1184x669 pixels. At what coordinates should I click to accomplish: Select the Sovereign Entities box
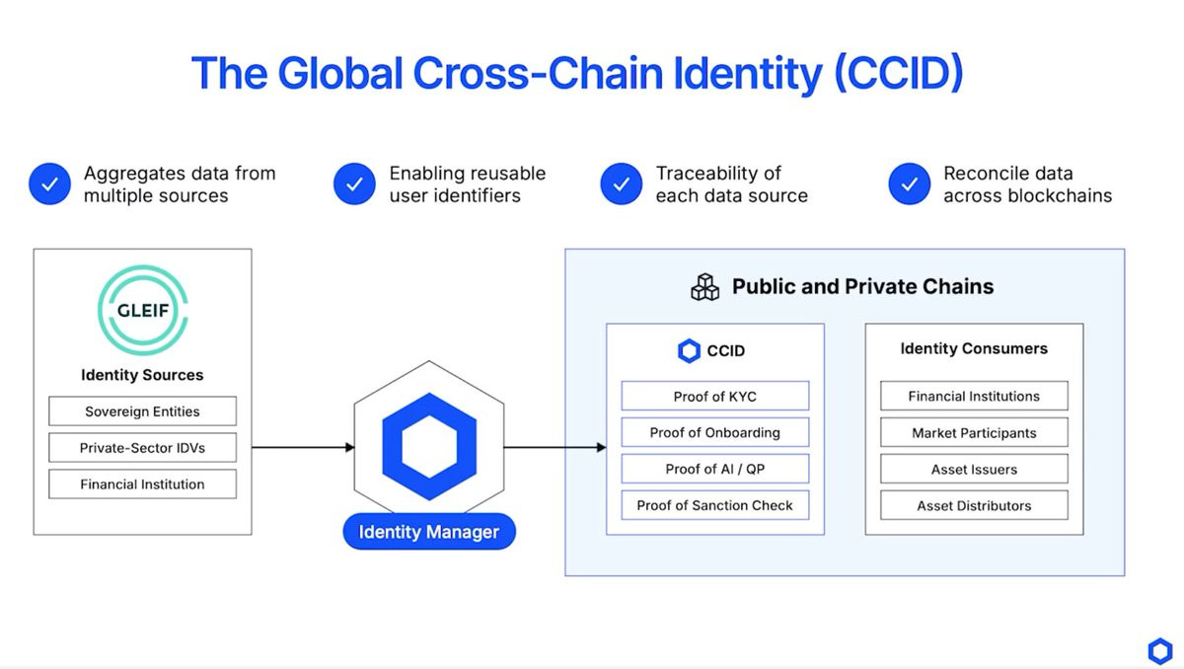[142, 411]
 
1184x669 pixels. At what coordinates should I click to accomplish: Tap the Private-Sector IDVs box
[142, 448]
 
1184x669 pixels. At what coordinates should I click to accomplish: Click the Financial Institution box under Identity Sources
[142, 484]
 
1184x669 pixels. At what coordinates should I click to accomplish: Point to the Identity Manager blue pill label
[429, 533]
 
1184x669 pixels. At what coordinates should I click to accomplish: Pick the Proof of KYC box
[714, 397]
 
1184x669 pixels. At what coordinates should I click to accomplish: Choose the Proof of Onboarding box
[714, 432]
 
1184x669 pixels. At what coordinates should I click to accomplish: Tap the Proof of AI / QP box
[714, 469]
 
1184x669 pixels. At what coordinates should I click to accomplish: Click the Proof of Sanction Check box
[714, 505]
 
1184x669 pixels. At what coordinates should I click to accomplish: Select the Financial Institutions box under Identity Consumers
[974, 397]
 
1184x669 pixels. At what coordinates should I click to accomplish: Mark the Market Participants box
[974, 432]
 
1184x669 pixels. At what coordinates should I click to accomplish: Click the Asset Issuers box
[974, 469]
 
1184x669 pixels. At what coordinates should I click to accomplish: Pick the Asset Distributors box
[974, 505]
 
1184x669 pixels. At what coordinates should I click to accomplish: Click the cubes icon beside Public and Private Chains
[704, 287]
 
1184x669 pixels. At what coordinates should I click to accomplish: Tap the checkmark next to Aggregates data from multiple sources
[49, 185]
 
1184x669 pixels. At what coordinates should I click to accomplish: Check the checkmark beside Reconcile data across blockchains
[909, 185]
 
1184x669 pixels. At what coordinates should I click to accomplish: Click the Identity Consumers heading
[974, 348]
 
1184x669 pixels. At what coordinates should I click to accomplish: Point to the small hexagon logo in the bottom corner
[1159, 651]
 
